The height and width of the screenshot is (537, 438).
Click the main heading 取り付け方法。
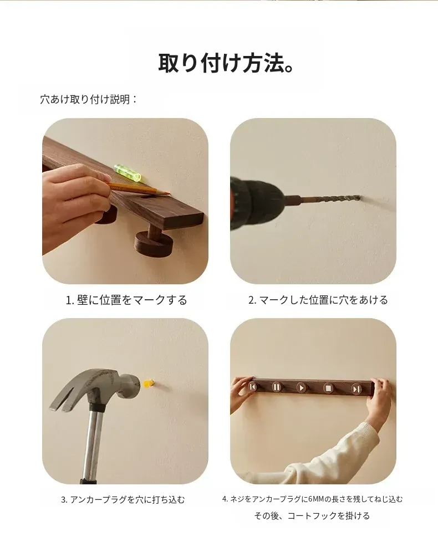click(x=226, y=63)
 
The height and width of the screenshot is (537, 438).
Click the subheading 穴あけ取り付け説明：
click(x=89, y=100)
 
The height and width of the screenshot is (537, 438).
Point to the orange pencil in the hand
click(x=139, y=188)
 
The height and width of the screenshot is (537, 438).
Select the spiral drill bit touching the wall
click(x=331, y=199)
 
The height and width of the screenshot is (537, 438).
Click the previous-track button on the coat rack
click(x=253, y=387)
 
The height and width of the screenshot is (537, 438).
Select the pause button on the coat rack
click(x=277, y=387)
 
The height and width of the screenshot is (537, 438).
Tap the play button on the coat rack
click(x=301, y=388)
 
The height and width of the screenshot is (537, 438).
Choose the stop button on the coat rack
click(x=328, y=388)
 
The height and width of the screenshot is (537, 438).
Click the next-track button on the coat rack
click(x=356, y=389)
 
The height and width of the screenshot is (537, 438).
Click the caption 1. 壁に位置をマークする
click(x=126, y=300)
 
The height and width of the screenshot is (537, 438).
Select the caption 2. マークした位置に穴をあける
click(x=318, y=300)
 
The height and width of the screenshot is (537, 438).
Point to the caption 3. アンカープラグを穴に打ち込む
click(x=123, y=500)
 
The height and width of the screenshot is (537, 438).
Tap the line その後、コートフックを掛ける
click(x=312, y=516)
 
